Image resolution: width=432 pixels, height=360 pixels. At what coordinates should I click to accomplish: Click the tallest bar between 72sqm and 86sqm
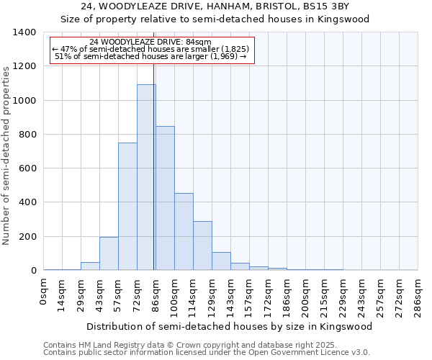146,177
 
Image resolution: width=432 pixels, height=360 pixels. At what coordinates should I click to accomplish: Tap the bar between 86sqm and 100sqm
165,198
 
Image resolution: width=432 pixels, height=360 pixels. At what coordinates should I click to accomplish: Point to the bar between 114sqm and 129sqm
202,246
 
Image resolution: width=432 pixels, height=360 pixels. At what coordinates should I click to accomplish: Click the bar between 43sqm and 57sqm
109,253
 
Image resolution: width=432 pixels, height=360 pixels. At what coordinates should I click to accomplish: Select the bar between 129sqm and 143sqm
221,261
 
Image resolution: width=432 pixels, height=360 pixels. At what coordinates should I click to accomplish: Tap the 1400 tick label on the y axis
24,32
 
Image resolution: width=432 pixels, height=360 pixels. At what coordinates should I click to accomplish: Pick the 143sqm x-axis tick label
231,295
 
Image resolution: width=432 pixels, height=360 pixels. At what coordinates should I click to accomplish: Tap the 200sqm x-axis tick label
305,295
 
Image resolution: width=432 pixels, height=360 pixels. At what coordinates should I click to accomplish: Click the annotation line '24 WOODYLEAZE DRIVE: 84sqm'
150,42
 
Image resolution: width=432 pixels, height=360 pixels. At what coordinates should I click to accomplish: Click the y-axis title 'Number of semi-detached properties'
7,156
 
